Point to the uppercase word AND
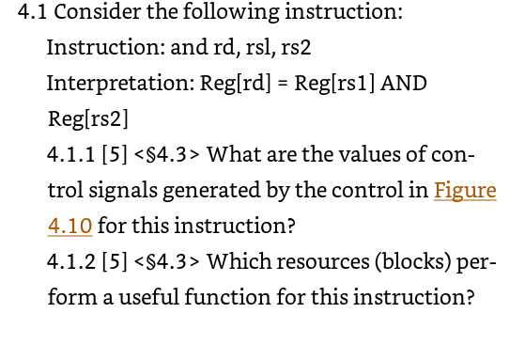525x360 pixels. (405, 83)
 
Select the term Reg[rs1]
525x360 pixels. (334, 83)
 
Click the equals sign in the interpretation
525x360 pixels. (282, 83)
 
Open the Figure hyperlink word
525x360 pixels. (464, 190)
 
